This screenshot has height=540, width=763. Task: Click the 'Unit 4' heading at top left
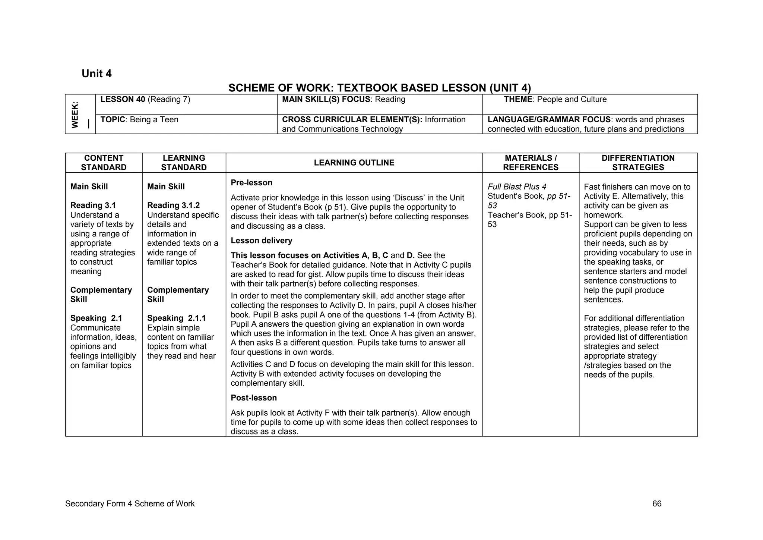point(96,73)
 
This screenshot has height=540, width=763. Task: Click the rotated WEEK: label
point(75,114)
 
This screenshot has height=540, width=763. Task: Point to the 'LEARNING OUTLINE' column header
point(354,163)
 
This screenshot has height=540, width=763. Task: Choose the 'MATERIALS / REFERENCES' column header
point(531,163)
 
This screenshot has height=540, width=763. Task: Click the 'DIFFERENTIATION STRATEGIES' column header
point(638,163)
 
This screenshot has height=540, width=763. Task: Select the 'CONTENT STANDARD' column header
point(104,163)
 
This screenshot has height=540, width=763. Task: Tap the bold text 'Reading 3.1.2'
point(173,205)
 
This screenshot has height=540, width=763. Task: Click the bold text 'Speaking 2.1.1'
point(176,318)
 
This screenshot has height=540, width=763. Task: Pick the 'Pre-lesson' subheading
point(251,183)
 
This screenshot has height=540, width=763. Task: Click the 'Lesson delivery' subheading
point(261,241)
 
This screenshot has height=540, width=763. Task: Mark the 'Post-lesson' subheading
point(254,398)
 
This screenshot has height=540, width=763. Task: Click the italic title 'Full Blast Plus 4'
point(517,187)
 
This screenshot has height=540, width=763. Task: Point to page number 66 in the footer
point(657,504)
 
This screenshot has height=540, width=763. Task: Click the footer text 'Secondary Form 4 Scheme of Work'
point(130,504)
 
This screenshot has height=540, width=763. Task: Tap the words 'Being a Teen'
point(154,120)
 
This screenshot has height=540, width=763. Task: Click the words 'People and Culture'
point(572,100)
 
